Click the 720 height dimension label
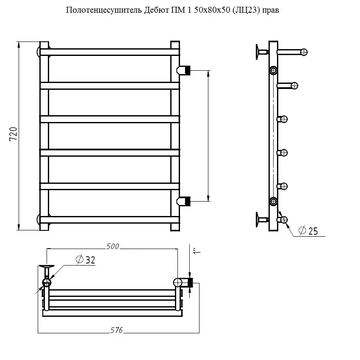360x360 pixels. click(13, 134)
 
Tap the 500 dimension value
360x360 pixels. click(113, 246)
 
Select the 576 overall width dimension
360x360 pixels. click(116, 330)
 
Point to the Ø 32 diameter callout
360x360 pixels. click(85, 260)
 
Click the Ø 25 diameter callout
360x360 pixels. click(308, 231)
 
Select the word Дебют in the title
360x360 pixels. click(157, 10)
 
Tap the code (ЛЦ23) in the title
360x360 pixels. click(246, 10)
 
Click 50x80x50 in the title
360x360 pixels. click(212, 10)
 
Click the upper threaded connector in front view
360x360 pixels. click(183, 70)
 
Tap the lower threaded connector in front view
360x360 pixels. click(183, 201)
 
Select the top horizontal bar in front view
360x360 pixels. click(110, 52)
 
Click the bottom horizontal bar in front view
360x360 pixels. click(110, 220)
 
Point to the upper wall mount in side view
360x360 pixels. click(262, 52)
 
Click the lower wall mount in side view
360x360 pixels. click(262, 220)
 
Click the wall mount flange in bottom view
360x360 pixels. click(47, 266)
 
